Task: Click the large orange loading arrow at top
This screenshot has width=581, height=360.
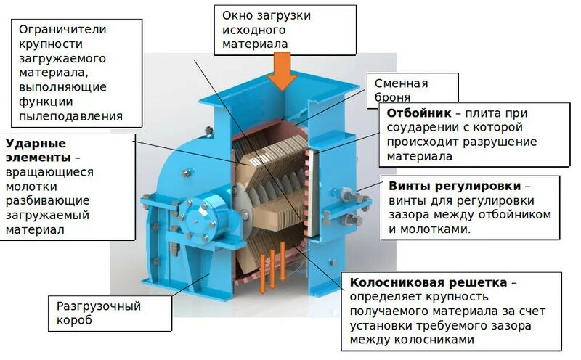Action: pos(281,71)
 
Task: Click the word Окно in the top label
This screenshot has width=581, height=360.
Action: pos(237,15)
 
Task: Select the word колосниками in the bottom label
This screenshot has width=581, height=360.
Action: pos(434,340)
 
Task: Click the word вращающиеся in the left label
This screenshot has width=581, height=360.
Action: pos(50,172)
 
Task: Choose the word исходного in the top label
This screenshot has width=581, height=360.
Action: pos(253,30)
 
